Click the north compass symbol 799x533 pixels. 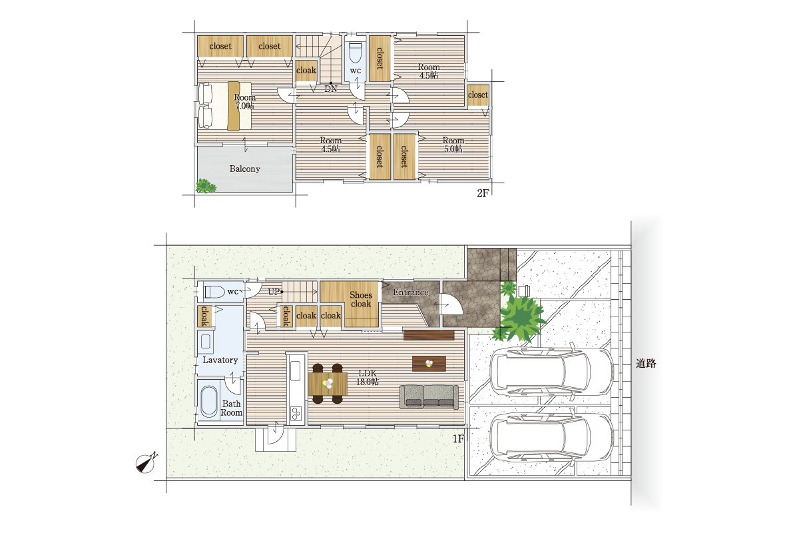click(x=146, y=464)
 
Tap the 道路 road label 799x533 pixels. click(x=646, y=363)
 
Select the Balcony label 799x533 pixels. click(x=245, y=169)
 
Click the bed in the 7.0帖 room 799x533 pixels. click(x=225, y=106)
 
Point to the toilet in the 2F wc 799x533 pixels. click(x=355, y=53)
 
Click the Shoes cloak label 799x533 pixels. click(x=361, y=299)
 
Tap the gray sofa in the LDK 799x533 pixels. click(x=429, y=396)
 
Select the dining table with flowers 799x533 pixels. click(x=328, y=383)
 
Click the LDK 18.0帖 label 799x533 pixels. click(x=368, y=377)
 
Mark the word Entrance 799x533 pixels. click(x=411, y=292)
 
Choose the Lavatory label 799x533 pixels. click(x=220, y=360)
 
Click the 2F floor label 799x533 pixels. click(x=482, y=193)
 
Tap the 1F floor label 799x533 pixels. click(x=458, y=439)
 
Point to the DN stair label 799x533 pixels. click(x=331, y=89)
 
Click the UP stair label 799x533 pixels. click(x=274, y=292)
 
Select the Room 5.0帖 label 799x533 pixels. click(x=453, y=145)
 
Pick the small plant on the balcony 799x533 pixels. click(x=206, y=186)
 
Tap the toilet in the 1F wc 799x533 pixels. click(x=214, y=292)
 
